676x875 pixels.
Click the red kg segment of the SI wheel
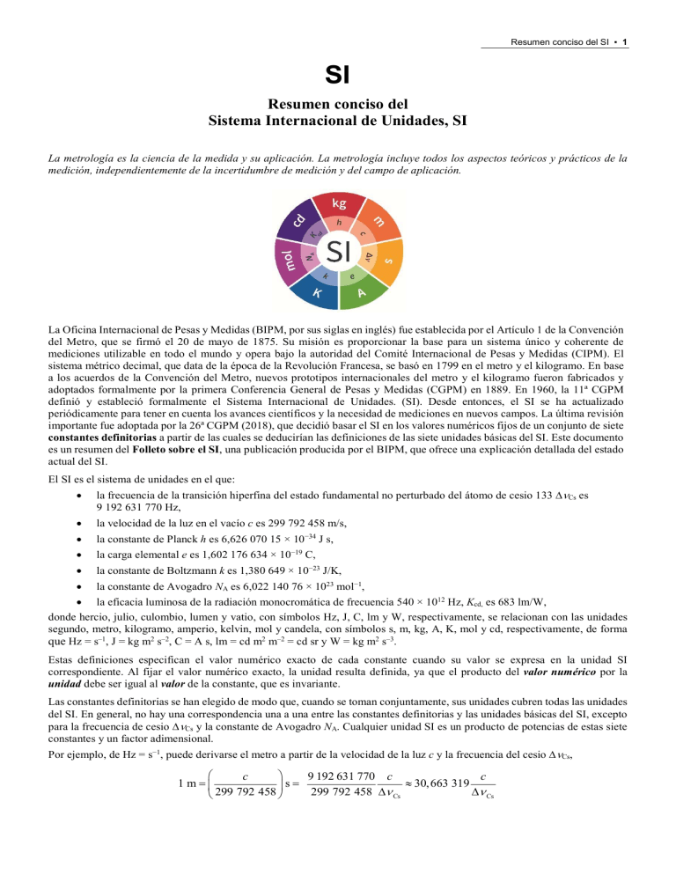[338, 203]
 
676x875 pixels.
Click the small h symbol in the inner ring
[339, 223]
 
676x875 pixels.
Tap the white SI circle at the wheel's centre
[338, 251]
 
